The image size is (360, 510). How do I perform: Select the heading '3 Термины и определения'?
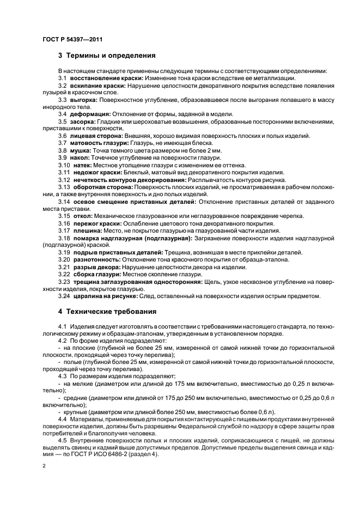tap(107, 55)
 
